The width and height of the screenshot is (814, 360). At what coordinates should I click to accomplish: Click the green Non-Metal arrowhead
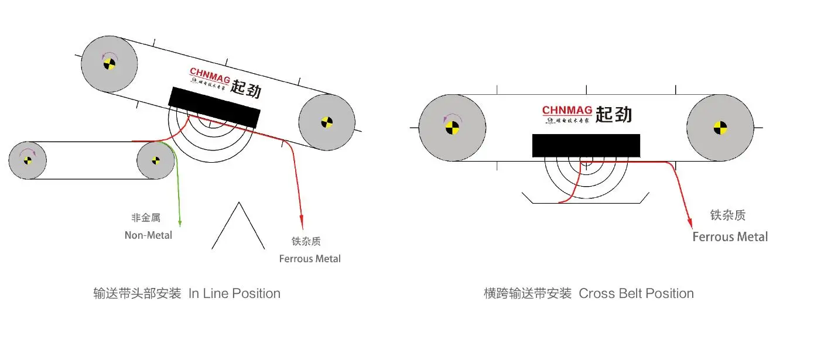180,222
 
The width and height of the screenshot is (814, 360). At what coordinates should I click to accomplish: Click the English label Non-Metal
148,235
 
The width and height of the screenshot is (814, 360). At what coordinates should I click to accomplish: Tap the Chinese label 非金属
146,218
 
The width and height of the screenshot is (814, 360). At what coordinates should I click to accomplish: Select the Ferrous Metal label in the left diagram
310,259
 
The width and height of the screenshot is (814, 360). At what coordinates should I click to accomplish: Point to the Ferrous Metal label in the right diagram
730,237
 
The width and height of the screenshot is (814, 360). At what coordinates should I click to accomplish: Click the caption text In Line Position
234,293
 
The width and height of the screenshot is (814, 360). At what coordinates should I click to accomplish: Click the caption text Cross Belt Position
636,293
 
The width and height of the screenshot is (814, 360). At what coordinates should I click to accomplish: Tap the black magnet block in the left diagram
214,107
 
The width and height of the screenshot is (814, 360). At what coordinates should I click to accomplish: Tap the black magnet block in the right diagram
586,146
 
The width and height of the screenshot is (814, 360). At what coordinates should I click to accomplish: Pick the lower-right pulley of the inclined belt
326,122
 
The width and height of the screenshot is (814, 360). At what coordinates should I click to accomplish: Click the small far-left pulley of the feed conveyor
28,160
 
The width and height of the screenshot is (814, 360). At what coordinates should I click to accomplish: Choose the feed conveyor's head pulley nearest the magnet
156,160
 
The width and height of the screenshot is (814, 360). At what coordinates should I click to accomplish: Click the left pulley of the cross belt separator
452,127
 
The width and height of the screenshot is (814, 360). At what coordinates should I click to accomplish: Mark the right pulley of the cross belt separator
720,127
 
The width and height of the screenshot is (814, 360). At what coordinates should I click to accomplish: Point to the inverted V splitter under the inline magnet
238,225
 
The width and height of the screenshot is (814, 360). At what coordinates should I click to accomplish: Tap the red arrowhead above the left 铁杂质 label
302,223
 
